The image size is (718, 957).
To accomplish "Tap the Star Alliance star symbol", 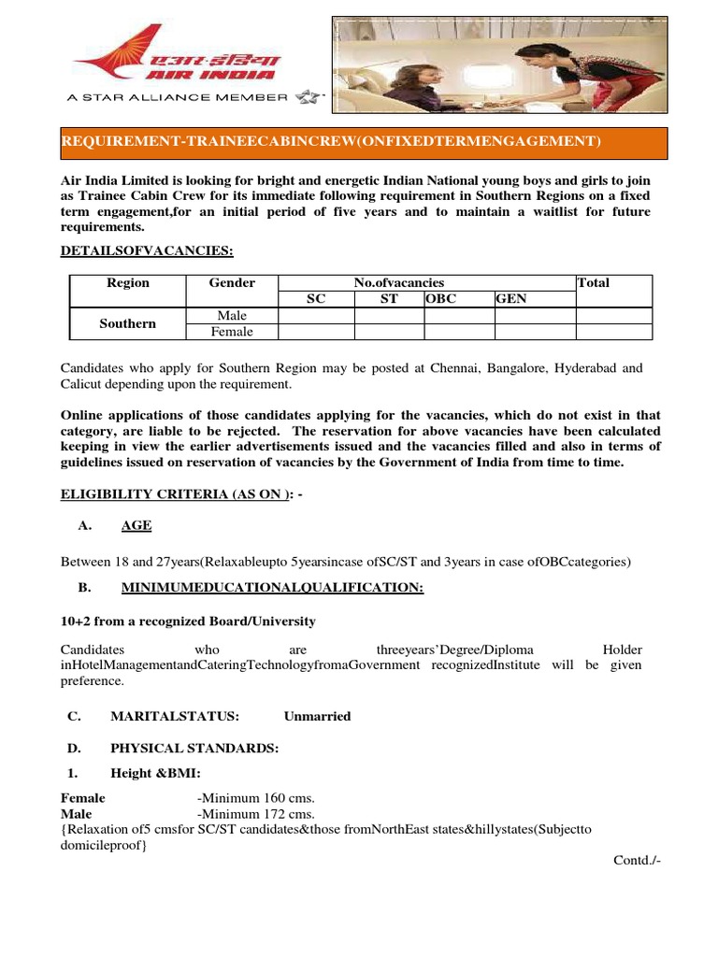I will click(308, 96).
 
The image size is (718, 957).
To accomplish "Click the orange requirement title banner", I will click(364, 142).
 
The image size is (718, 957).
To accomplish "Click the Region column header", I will click(128, 282).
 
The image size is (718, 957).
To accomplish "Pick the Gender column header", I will click(232, 282).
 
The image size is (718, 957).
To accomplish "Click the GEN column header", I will click(511, 299).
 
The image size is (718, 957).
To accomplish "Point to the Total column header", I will click(593, 282).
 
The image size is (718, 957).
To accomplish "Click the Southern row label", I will click(128, 323).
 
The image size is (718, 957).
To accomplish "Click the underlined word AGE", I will click(136, 526).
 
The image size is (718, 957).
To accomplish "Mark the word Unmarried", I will click(318, 716).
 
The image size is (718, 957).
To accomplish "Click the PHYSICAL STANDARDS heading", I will click(194, 749).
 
